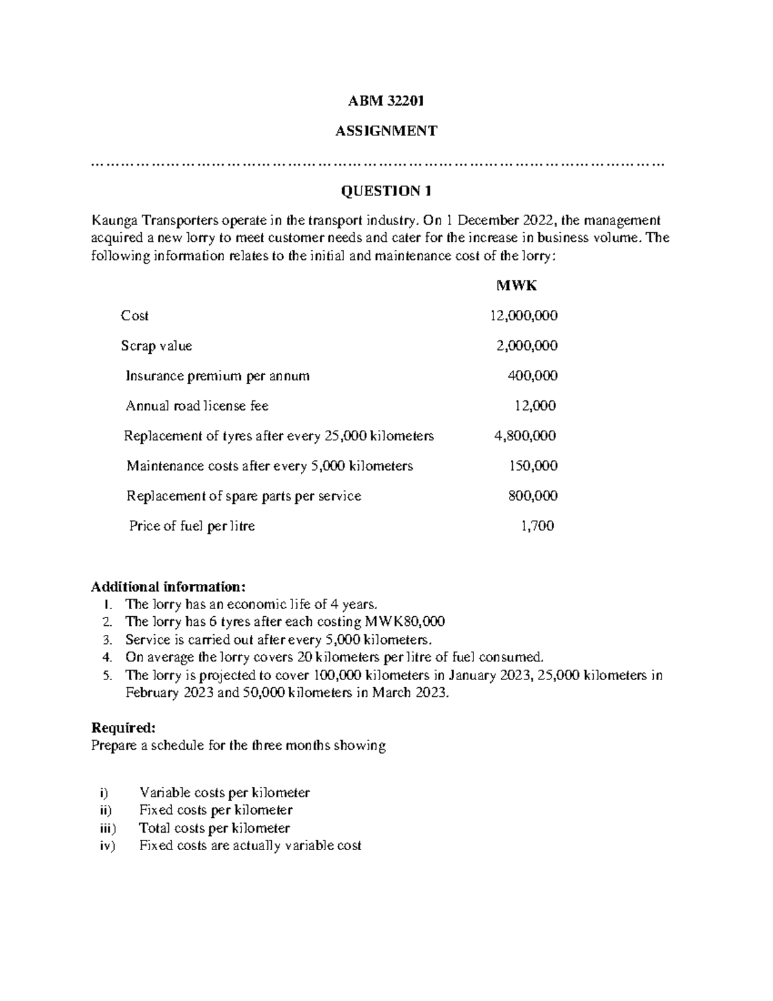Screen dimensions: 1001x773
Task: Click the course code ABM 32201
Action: [x=386, y=101]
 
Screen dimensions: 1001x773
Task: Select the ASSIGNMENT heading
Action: [x=386, y=131]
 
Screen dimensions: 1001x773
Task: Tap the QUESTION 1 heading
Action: [x=386, y=191]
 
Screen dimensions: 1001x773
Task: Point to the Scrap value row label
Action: [x=157, y=346]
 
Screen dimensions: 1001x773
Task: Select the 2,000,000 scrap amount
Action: [x=526, y=346]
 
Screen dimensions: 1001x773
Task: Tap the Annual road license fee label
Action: [x=197, y=406]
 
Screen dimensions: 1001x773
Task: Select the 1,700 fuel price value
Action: [x=537, y=526]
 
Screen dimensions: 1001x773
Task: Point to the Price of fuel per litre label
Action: [x=192, y=526]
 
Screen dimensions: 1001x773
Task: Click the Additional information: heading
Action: [x=168, y=587]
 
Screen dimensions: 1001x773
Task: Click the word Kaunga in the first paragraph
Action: [x=113, y=220]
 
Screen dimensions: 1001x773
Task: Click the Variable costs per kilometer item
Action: [x=224, y=793]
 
